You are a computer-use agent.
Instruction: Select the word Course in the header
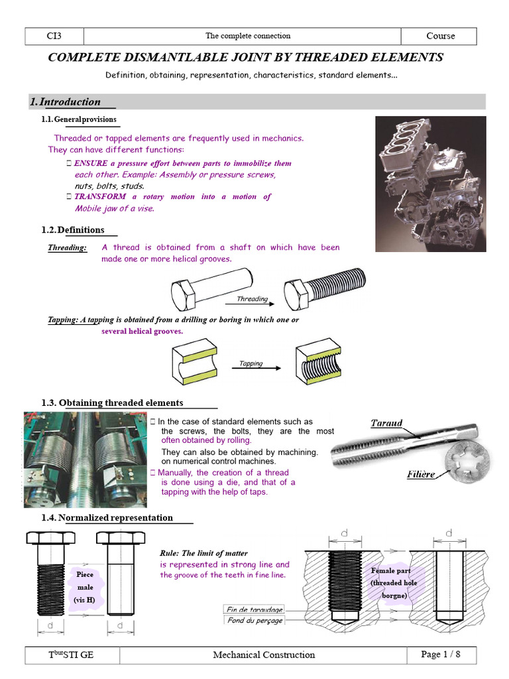point(440,36)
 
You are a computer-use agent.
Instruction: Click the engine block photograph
point(430,184)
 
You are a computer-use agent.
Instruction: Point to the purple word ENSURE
point(91,163)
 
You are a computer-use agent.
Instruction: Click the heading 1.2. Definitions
point(81,230)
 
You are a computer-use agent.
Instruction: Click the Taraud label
point(386,422)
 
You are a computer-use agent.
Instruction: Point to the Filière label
point(420,474)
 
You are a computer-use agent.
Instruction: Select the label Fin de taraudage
point(254,609)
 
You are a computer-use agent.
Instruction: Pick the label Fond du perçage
point(255,620)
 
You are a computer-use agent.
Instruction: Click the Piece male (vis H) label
point(85,587)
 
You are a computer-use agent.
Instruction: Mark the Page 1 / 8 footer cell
point(440,654)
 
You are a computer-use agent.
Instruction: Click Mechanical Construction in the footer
point(264,655)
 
